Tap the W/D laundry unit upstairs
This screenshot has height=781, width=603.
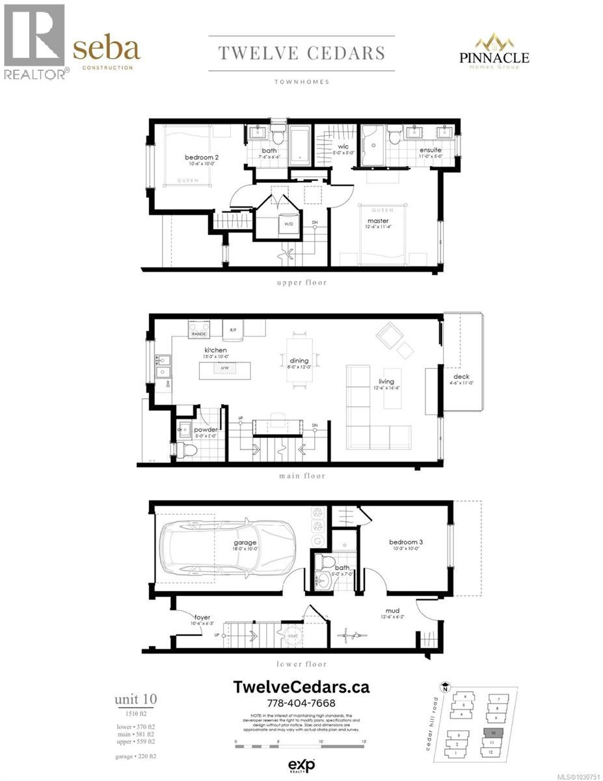pyautogui.click(x=287, y=223)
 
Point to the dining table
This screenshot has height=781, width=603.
pyautogui.click(x=300, y=361)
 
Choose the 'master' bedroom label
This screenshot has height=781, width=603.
pyautogui.click(x=377, y=221)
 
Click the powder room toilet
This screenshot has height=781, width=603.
pyautogui.click(x=188, y=448)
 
